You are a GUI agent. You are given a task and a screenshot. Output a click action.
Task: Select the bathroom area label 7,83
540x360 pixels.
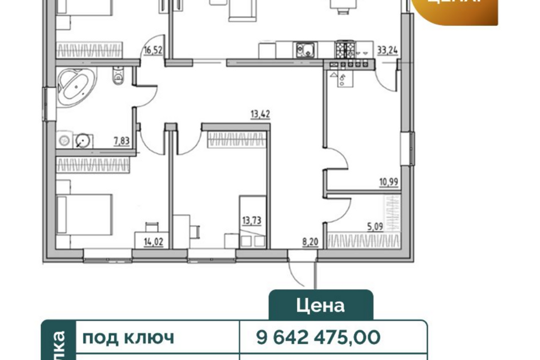pyautogui.click(x=121, y=141)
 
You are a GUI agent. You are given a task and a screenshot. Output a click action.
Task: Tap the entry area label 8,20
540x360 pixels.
pyautogui.click(x=309, y=243)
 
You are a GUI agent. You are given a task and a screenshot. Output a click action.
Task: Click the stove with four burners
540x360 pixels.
pyautogui.click(x=345, y=49)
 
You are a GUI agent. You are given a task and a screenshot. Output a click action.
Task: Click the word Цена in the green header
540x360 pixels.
pyautogui.click(x=320, y=305)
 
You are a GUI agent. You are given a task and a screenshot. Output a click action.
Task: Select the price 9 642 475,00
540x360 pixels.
pyautogui.click(x=318, y=337)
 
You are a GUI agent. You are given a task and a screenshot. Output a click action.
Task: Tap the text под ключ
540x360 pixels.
pyautogui.click(x=128, y=337)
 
